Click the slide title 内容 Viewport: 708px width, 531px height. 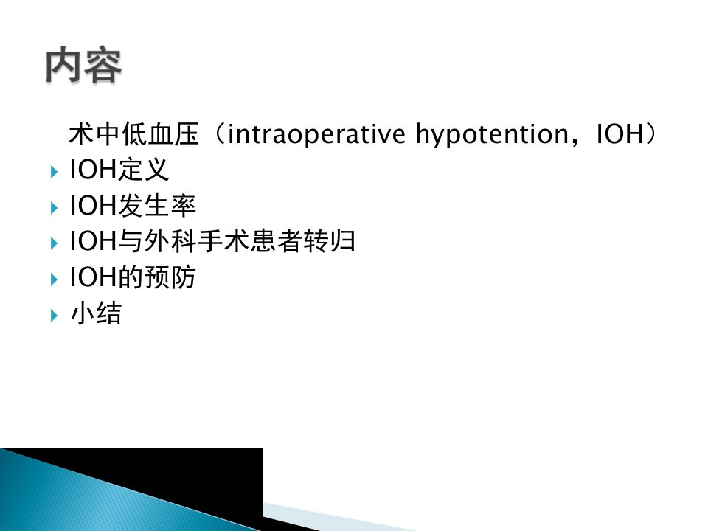[x=84, y=65]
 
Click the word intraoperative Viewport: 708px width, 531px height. [x=316, y=134]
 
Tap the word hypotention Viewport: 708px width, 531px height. [x=492, y=135]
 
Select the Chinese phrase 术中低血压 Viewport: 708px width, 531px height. [x=134, y=134]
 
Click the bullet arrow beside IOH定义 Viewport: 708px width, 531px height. [x=54, y=172]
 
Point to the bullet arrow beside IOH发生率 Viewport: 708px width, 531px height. [x=54, y=208]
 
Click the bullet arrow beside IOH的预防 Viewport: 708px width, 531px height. [x=54, y=280]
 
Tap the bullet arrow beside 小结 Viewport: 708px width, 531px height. [x=54, y=315]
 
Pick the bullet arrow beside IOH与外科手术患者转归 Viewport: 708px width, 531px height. [x=54, y=244]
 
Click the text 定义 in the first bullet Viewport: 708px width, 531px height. [x=143, y=170]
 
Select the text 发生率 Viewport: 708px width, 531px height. [x=156, y=206]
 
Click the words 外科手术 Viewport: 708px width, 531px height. [x=197, y=241]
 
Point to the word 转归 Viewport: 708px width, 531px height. [x=329, y=241]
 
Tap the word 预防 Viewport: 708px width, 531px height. [x=170, y=277]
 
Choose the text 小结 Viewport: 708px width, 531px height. [x=96, y=313]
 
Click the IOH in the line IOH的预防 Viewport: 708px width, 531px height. [x=93, y=277]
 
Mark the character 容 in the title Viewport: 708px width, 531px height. [x=103, y=65]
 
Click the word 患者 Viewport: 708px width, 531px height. [x=277, y=241]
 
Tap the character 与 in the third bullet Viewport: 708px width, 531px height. [x=131, y=241]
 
